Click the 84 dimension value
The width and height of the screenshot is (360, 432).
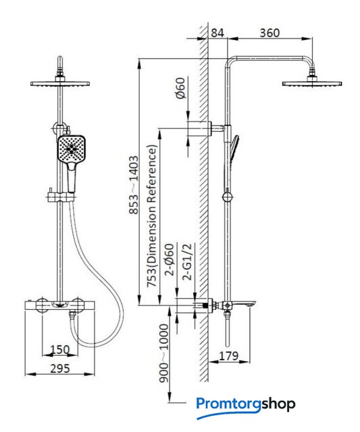click(217, 33)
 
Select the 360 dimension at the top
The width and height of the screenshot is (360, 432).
click(269, 33)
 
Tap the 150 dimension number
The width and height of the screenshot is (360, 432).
click(60, 350)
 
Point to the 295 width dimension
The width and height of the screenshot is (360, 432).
click(60, 369)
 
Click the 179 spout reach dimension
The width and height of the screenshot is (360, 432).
click(228, 356)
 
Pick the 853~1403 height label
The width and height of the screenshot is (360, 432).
click(134, 185)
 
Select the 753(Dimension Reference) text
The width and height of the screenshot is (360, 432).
click(152, 216)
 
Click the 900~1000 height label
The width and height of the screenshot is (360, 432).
click(163, 353)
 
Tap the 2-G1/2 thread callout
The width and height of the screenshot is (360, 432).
click(187, 262)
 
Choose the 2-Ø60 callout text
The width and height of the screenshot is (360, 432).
click(170, 259)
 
